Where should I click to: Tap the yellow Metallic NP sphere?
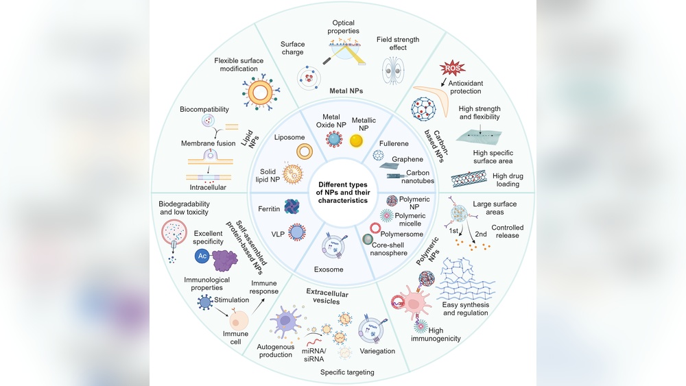(x=356, y=141)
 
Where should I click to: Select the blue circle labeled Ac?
(x=202, y=256)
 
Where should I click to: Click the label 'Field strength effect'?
(x=397, y=44)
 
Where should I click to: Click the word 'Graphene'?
(x=407, y=159)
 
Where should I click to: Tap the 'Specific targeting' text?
(x=346, y=372)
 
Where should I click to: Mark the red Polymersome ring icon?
(x=375, y=228)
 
